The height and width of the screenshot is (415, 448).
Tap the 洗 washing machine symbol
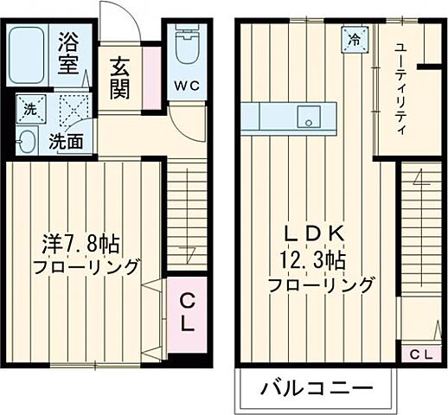[30, 110]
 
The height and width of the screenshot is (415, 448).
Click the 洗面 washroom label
[66, 141]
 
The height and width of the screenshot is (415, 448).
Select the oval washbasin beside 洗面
[26, 141]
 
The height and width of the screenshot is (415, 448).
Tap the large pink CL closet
[188, 312]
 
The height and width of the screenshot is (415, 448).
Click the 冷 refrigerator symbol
[355, 38]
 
